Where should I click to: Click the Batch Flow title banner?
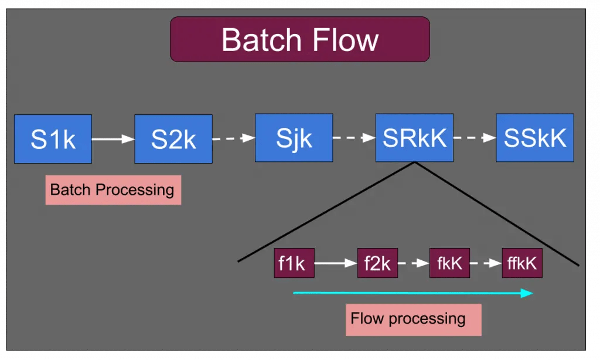[x=300, y=39]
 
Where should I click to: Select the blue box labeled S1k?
[x=53, y=139]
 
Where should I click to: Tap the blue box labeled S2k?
[x=173, y=139]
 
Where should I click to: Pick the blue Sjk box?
[x=294, y=138]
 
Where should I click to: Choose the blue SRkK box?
[x=414, y=138]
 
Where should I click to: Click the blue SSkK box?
[x=535, y=138]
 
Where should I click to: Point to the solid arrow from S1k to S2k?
[x=113, y=139]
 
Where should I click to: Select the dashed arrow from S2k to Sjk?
[x=234, y=138]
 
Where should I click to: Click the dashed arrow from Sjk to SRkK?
[x=354, y=137]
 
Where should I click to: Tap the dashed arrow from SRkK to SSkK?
[x=475, y=137]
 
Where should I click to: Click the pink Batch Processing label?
[x=113, y=191]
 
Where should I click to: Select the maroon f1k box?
[x=294, y=263]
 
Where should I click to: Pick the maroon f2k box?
[x=378, y=263]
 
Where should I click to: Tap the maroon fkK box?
[x=449, y=263]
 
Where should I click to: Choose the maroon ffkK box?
[x=522, y=263]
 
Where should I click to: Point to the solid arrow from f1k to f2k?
[x=336, y=263]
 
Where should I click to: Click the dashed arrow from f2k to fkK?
[x=414, y=263]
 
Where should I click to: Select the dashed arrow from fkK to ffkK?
[x=486, y=263]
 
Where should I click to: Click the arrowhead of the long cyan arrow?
[x=527, y=293]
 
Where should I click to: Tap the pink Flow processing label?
[x=414, y=320]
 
